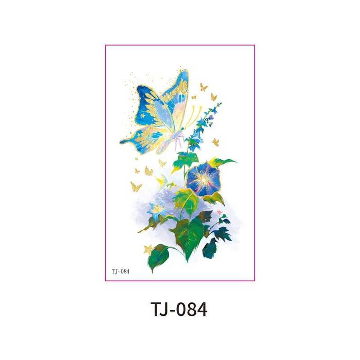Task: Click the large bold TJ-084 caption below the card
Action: click(180, 310)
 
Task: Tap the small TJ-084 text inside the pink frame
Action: click(120, 271)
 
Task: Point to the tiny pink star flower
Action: click(220, 211)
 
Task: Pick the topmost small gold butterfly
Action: click(204, 86)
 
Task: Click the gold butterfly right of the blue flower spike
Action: click(216, 142)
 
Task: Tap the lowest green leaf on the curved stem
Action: click(160, 256)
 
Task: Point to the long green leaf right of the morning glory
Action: click(225, 162)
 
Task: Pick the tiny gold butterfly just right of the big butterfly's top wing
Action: click(194, 97)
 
